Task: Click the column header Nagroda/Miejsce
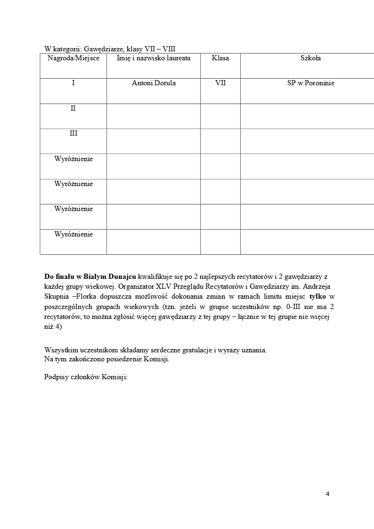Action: (73, 58)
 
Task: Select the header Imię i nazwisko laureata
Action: (154, 58)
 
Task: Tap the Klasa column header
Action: (220, 58)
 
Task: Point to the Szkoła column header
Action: (310, 58)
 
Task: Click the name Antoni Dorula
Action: (154, 83)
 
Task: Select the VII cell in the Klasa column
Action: (220, 83)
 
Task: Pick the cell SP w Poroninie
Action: (310, 83)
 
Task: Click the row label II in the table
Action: (73, 108)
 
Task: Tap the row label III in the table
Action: (73, 134)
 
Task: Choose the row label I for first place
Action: (73, 83)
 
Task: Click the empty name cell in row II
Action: (154, 116)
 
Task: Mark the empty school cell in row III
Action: (307, 141)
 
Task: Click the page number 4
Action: (327, 494)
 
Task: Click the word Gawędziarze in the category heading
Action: (96, 49)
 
